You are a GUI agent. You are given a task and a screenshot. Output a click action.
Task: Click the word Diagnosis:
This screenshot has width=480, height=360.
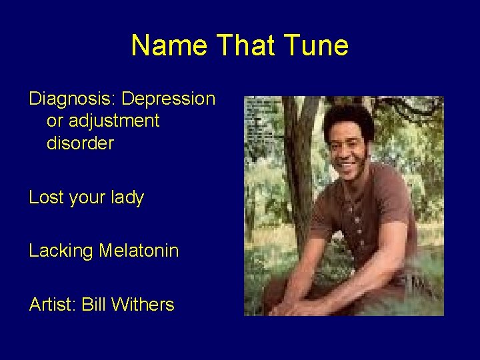[x=70, y=99]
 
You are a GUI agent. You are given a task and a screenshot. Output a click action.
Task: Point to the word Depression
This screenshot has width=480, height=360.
[x=169, y=99]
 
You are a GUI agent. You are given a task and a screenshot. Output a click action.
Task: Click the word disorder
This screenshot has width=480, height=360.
[x=80, y=143]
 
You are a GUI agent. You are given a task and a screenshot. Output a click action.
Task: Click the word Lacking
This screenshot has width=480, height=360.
[x=61, y=251]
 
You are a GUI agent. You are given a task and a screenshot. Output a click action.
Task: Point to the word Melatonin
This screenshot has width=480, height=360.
[x=139, y=251]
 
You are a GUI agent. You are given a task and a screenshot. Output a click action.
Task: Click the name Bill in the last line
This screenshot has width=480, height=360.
[x=93, y=305]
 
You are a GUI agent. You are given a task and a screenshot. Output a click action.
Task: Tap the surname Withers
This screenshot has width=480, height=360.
[x=143, y=305]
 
